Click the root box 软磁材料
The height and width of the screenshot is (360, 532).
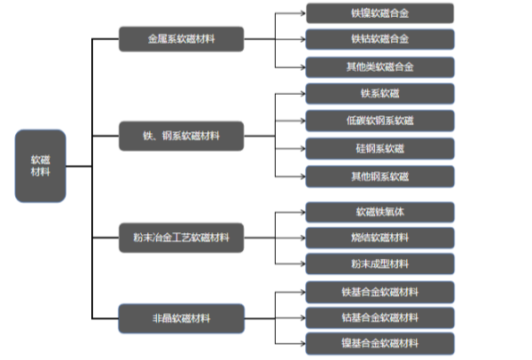40,166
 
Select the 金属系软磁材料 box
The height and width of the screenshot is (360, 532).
182,39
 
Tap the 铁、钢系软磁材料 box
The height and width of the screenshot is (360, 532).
182,137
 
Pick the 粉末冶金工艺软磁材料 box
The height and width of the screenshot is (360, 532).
182,238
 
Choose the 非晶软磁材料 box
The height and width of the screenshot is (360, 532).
182,316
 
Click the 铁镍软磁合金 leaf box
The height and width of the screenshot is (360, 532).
379,12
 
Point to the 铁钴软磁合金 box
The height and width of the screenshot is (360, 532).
379,39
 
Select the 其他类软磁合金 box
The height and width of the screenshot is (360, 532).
379,67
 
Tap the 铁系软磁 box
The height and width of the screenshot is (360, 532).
379,93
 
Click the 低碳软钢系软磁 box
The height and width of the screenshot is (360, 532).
379,121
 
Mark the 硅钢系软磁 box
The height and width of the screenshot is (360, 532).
379,148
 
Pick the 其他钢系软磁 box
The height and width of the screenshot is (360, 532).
379,176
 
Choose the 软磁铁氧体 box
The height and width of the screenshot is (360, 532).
379,211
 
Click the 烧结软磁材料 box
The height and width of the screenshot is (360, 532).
379,238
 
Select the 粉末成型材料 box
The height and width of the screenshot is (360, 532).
379,263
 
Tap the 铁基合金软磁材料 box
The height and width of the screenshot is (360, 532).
379,291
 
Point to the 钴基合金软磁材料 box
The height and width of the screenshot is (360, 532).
379,317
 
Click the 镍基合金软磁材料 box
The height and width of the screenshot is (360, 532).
379,343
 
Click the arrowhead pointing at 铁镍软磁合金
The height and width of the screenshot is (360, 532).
301,12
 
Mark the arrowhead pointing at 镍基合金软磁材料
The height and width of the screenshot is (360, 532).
301,343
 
